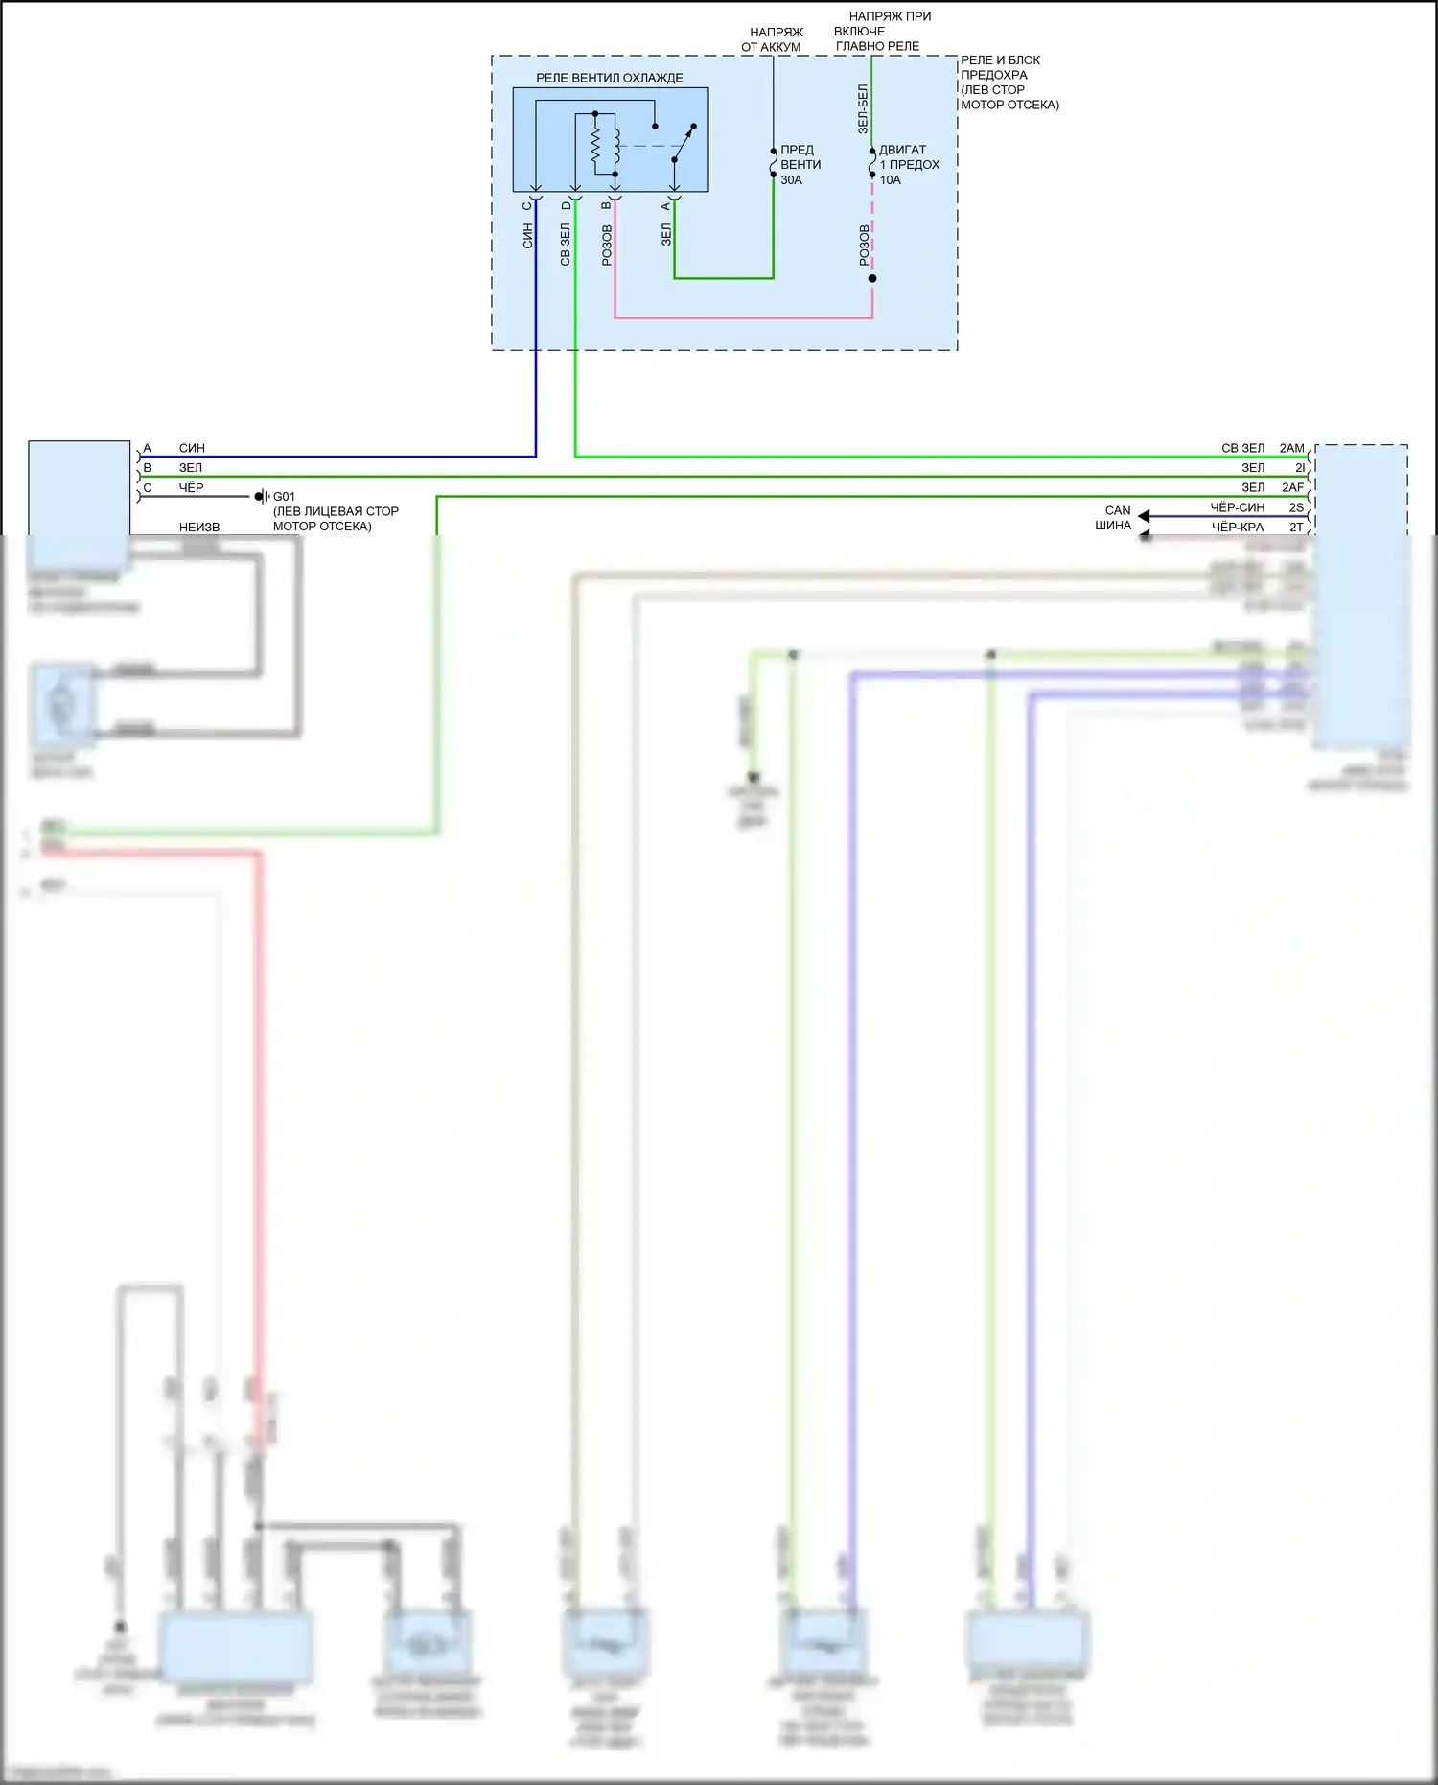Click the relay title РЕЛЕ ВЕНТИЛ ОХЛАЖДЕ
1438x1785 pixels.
609,78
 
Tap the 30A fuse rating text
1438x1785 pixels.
791,180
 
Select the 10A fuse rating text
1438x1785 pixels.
891,180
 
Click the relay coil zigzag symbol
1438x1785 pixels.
595,146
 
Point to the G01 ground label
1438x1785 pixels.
284,497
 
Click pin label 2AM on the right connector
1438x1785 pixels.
1291,448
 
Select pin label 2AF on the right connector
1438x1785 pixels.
1292,487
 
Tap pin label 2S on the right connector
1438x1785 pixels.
1296,507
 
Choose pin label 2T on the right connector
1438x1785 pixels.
1296,527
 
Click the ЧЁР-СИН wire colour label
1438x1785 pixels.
1237,507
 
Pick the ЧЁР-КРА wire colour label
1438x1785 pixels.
1237,527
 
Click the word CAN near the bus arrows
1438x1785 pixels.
1118,510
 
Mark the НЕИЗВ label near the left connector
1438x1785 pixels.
199,527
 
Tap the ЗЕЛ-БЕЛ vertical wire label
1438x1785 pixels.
863,108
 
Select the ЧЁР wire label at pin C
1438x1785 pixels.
191,487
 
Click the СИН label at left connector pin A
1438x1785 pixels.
192,448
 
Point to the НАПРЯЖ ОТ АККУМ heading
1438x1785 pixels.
772,39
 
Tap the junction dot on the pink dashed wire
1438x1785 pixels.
872,279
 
